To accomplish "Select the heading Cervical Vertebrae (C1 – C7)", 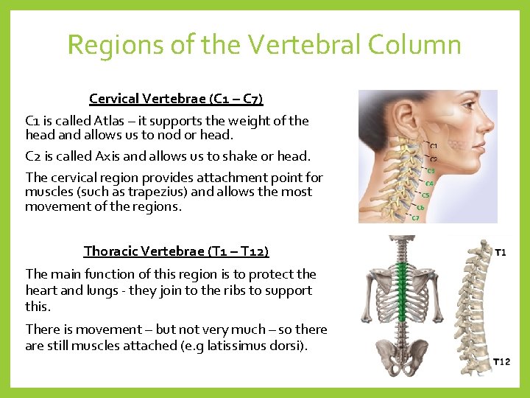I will click(x=176, y=98).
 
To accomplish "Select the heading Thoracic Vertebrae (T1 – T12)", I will click(x=176, y=251).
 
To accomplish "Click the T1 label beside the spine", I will click(x=500, y=253).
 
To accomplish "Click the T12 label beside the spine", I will click(x=501, y=361).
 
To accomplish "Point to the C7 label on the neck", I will click(x=415, y=218).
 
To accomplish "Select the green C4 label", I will click(x=429, y=184).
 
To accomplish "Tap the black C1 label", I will click(x=434, y=147).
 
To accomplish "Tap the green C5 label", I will click(x=425, y=195).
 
